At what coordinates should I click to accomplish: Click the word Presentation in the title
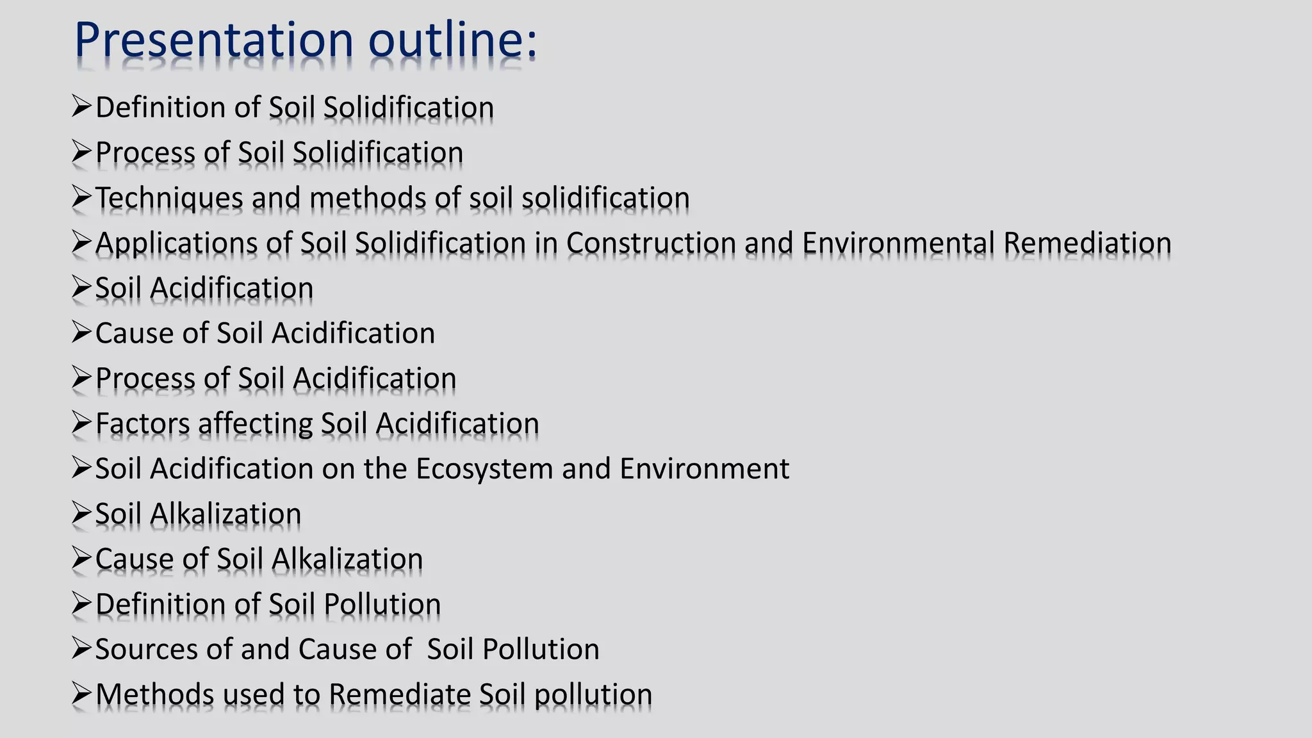[214, 40]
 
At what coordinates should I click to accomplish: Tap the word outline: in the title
[452, 40]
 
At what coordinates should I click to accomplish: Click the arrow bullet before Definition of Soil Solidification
[82, 106]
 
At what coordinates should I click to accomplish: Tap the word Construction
[651, 243]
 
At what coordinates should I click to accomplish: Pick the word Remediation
[1087, 243]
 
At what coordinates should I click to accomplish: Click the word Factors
[142, 424]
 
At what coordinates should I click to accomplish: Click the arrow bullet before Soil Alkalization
[82, 512]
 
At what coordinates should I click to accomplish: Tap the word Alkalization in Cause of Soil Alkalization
[347, 559]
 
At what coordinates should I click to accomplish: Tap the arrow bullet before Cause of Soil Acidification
[82, 332]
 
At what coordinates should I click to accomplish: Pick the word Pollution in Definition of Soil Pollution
[382, 604]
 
